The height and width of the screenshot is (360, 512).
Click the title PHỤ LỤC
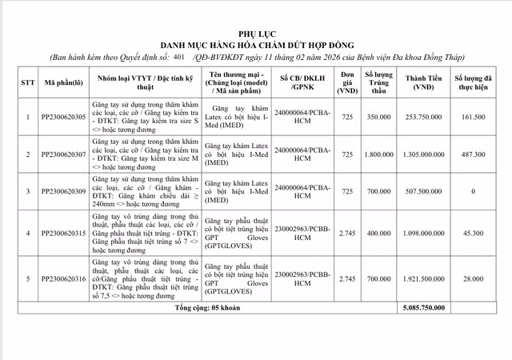[x=256, y=29]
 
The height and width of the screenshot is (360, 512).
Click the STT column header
[x=27, y=82]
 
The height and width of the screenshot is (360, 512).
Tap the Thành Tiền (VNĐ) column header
[x=424, y=82]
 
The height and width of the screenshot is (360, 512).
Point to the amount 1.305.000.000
[x=424, y=154]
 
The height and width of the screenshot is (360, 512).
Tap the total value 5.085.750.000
[x=424, y=307]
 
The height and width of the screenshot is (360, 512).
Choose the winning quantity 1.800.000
[x=378, y=154]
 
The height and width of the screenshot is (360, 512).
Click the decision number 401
[x=178, y=58]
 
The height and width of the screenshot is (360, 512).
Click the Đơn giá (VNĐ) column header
[x=346, y=82]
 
